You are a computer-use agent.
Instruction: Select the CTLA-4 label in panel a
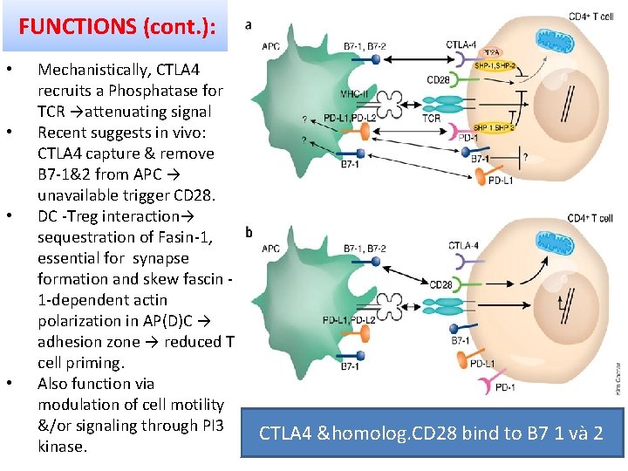click(461, 44)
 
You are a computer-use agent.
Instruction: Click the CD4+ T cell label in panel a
click(590, 17)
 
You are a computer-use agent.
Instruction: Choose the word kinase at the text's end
click(62, 447)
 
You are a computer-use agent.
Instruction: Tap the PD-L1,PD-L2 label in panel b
click(349, 320)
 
